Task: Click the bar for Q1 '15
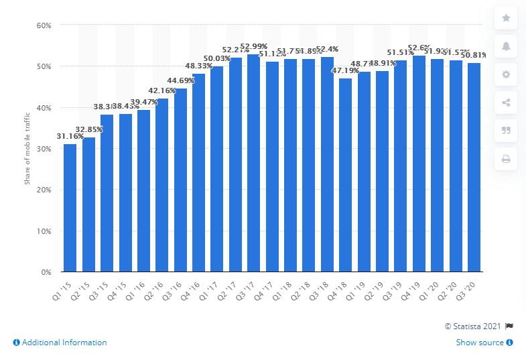70,208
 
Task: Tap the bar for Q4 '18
345,176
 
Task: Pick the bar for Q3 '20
474,168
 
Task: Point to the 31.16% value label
70,137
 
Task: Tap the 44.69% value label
180,81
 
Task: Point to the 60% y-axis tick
44,25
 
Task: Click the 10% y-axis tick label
44,231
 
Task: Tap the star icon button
506,18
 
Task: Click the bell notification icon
506,46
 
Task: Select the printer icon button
506,159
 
